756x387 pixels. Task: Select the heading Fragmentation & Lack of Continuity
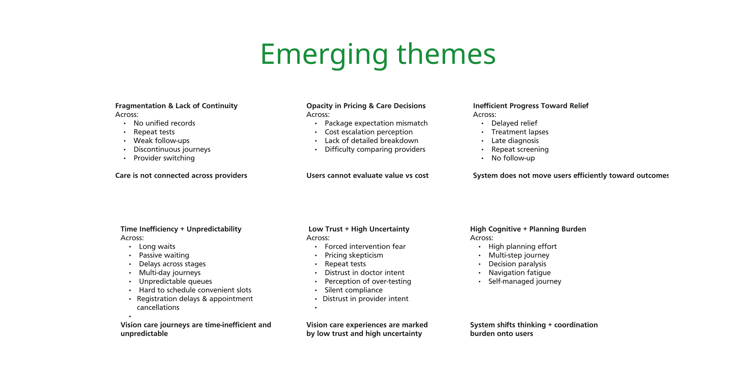176,106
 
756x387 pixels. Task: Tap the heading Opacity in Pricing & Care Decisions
366,106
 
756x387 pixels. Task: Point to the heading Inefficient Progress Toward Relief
531,106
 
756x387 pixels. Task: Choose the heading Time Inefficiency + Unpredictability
181,229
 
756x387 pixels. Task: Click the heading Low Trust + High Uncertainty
359,229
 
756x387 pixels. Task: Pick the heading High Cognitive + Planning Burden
528,229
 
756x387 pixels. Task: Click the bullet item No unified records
164,123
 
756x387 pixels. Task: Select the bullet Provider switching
164,158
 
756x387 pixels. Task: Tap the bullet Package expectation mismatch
376,123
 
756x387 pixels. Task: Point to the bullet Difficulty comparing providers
375,149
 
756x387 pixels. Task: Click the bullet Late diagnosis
515,141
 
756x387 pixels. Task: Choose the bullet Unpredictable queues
175,281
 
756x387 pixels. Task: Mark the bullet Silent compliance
354,290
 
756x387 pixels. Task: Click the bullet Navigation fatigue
520,273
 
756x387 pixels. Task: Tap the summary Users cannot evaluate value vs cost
367,176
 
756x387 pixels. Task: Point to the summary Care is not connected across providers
181,176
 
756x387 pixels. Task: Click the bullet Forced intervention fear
365,246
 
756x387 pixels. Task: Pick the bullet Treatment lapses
520,132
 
